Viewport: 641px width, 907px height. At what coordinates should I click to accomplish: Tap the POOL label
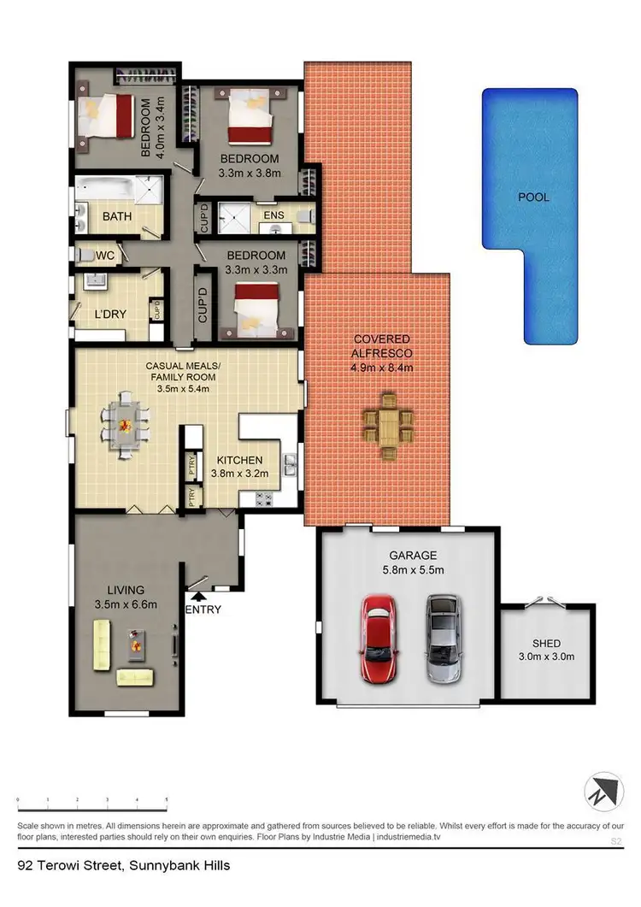(533, 197)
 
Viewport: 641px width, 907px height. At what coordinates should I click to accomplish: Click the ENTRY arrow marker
(198, 597)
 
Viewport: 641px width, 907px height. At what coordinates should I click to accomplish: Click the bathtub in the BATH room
(105, 188)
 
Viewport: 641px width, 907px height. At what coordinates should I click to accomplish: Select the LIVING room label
(125, 590)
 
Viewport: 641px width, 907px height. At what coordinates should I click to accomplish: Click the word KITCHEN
(238, 460)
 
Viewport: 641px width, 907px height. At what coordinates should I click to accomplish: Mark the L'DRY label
(111, 314)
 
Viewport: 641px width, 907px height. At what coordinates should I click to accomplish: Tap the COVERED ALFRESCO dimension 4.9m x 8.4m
(382, 368)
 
